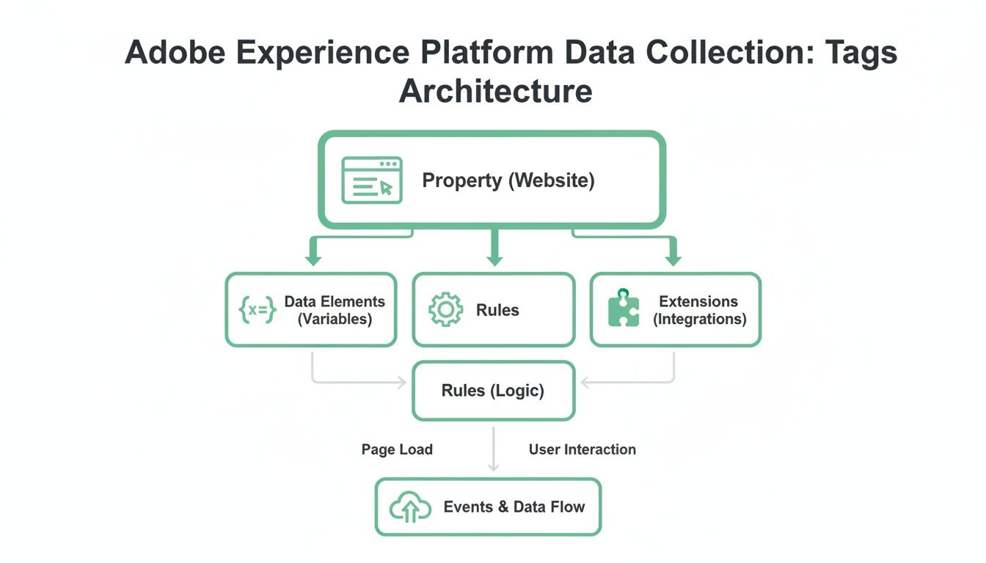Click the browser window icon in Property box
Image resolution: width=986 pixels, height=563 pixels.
click(x=372, y=180)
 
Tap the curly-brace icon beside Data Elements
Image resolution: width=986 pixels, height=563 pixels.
click(x=258, y=310)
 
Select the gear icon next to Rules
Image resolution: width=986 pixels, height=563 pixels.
click(x=445, y=309)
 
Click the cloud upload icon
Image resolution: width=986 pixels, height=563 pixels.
click(x=409, y=507)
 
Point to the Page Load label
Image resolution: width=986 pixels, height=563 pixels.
click(x=397, y=449)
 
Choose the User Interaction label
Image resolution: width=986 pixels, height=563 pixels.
click(x=583, y=449)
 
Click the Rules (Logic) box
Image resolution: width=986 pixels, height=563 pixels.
click(x=493, y=391)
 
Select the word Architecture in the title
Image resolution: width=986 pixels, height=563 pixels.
click(x=496, y=91)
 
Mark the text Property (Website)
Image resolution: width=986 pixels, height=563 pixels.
click(x=508, y=180)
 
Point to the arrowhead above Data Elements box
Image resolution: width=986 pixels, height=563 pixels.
click(x=313, y=260)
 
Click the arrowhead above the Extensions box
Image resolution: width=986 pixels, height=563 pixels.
click(x=673, y=260)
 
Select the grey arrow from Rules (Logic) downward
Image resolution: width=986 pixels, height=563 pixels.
click(x=494, y=449)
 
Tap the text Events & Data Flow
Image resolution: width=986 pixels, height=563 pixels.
click(x=514, y=507)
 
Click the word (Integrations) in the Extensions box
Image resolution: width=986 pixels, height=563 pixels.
click(x=699, y=319)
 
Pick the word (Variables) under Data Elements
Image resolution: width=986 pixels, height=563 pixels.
click(x=335, y=319)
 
